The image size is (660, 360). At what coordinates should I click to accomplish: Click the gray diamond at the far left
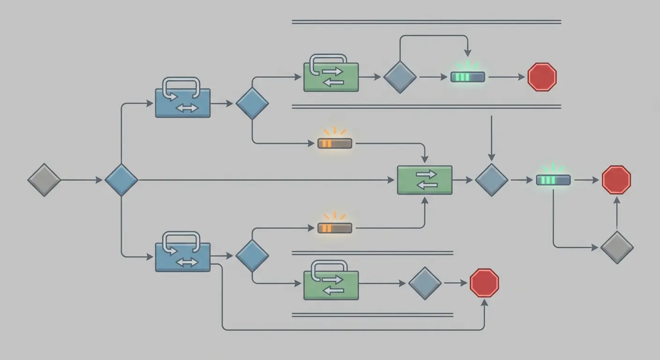pyautogui.click(x=44, y=180)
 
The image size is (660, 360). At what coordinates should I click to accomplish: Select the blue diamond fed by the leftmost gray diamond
pyautogui.click(x=121, y=180)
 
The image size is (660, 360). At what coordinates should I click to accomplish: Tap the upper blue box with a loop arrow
pyautogui.click(x=183, y=103)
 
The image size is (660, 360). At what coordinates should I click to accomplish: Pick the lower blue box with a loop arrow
pyautogui.click(x=183, y=256)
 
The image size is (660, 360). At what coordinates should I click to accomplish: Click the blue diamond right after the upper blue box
pyautogui.click(x=252, y=103)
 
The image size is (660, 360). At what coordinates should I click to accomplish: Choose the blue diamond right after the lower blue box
pyautogui.click(x=252, y=256)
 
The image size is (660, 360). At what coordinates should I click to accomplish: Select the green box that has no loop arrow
pyautogui.click(x=425, y=180)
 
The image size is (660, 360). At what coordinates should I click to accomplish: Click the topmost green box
pyautogui.click(x=331, y=77)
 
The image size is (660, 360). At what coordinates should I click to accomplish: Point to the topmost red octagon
pyautogui.click(x=542, y=77)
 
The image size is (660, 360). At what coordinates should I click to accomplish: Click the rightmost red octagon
pyautogui.click(x=616, y=180)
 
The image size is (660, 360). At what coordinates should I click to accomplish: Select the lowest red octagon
pyautogui.click(x=484, y=283)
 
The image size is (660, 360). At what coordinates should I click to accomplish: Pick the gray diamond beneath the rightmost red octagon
pyautogui.click(x=617, y=247)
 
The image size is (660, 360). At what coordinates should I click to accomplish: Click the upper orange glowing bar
pyautogui.click(x=335, y=143)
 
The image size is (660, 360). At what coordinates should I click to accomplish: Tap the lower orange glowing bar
pyautogui.click(x=335, y=228)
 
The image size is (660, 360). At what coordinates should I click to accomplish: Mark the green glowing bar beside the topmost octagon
pyautogui.click(x=468, y=77)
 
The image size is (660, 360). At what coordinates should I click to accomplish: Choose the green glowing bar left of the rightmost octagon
pyautogui.click(x=553, y=180)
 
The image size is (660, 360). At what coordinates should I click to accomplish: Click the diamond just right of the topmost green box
pyautogui.click(x=400, y=77)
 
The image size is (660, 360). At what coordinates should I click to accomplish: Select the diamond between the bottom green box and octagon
pyautogui.click(x=425, y=283)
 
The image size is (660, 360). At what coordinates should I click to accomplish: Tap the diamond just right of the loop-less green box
pyautogui.click(x=491, y=180)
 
